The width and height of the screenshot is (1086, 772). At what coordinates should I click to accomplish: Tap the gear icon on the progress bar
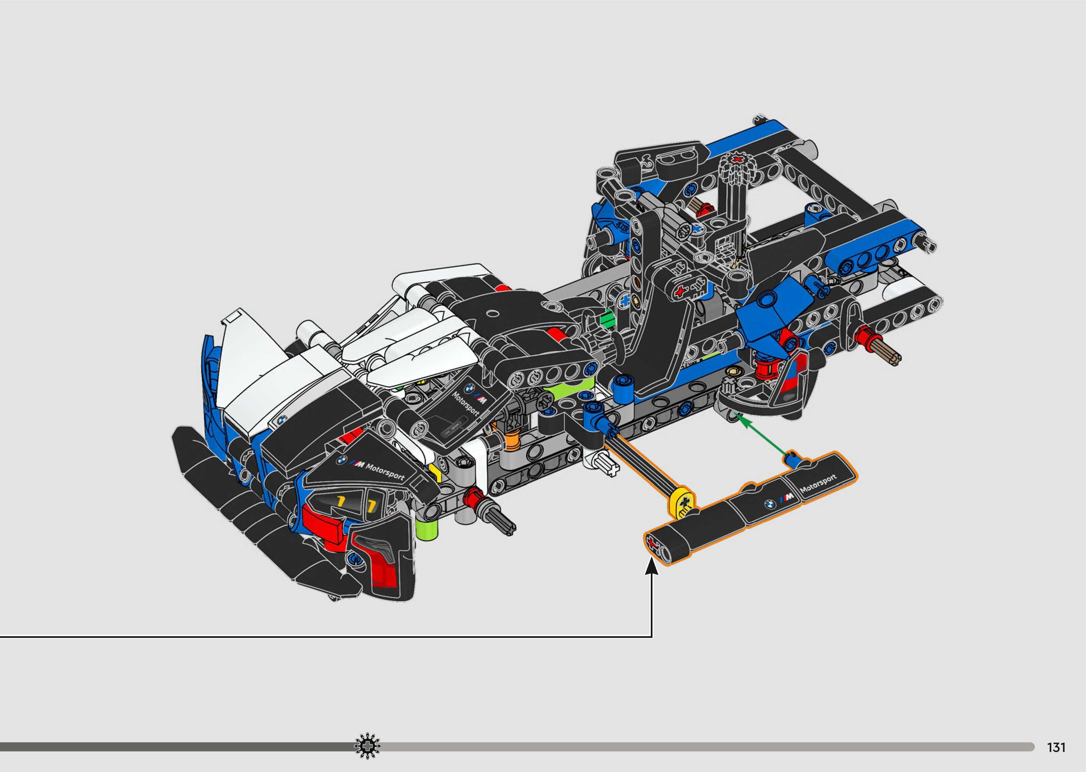(x=367, y=747)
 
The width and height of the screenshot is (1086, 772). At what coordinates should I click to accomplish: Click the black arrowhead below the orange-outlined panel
(x=651, y=567)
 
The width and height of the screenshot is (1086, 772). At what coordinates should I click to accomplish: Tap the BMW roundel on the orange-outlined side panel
(x=769, y=504)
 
